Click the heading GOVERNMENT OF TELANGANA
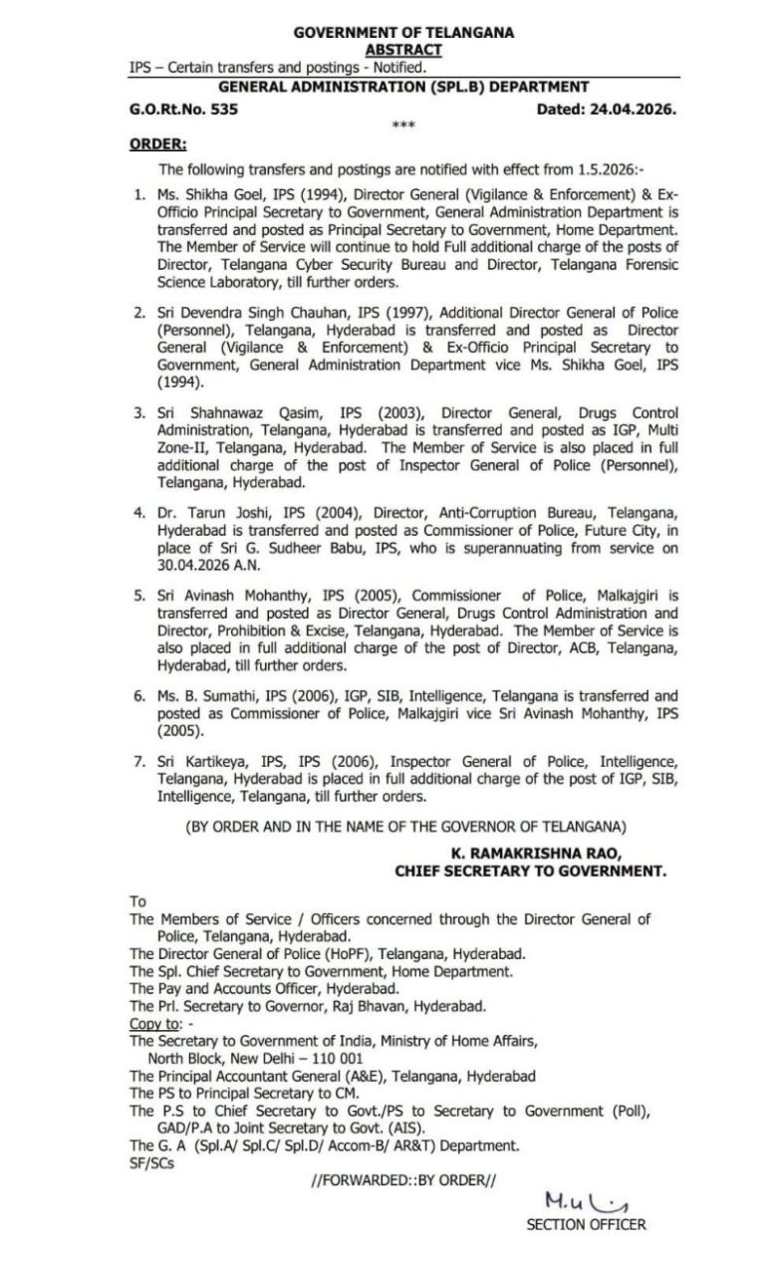point(403,33)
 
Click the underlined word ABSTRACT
point(403,49)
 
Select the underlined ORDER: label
point(157,144)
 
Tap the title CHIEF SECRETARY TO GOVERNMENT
point(530,871)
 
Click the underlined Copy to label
point(154,1024)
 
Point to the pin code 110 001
point(329,1058)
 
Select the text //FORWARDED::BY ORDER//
point(403,1180)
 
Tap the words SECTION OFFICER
point(586,1226)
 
